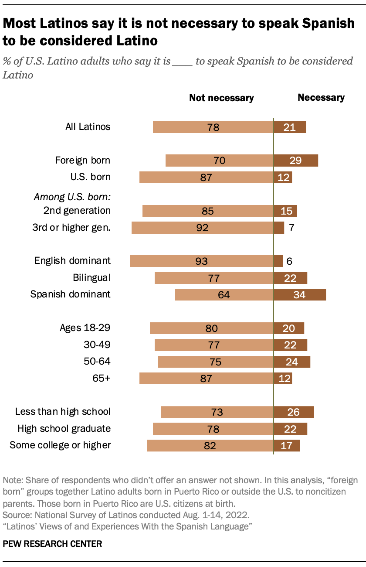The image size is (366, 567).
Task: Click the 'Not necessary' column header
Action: (221, 98)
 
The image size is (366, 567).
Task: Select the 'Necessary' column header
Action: (321, 98)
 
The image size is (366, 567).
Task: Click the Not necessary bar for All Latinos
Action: (213, 127)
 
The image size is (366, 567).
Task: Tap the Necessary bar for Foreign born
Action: (295, 161)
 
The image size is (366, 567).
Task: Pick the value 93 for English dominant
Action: (201, 261)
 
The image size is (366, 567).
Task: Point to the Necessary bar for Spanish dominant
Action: (299, 294)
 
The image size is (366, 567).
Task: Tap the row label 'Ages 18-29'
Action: (85, 328)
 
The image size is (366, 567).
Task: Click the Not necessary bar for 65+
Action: (206, 378)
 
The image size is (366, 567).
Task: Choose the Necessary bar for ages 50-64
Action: (291, 362)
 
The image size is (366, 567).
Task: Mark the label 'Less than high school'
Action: (63, 411)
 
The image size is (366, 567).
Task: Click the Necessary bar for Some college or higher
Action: (286, 445)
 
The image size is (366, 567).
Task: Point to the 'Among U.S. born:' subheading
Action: (72, 197)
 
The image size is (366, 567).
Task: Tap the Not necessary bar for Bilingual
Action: (213, 278)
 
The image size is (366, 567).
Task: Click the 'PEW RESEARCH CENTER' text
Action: (52, 544)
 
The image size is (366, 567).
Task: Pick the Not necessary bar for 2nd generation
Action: (207, 211)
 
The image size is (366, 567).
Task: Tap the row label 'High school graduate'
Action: (64, 428)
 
